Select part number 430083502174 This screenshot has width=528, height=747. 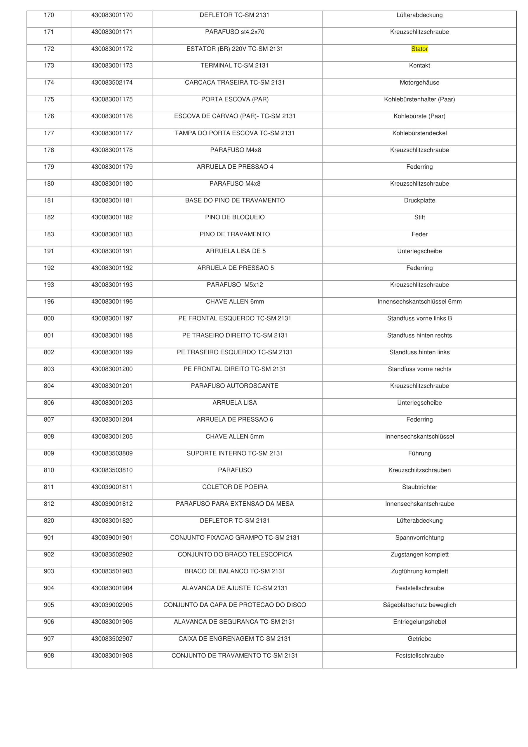point(112,83)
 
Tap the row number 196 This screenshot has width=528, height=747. point(49,302)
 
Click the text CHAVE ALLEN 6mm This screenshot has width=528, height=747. point(235,302)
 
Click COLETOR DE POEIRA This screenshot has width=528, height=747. point(235,487)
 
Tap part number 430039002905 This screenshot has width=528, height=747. point(112,605)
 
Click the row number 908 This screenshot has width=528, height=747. point(49,656)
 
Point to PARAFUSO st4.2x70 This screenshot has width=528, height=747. point(235,32)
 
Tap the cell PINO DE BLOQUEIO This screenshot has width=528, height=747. point(235,217)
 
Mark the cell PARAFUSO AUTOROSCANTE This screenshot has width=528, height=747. point(235,386)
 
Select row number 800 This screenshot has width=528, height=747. point(49,319)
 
